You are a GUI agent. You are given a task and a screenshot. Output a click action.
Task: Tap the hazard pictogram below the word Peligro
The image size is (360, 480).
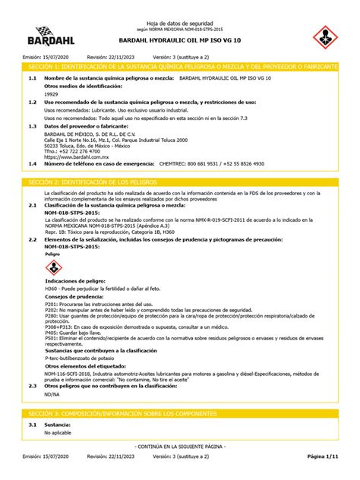click(x=54, y=267)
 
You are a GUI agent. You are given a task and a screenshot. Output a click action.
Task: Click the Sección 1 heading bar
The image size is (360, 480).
click(x=180, y=67)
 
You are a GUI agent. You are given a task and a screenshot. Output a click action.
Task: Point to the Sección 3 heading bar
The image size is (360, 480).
click(x=180, y=411)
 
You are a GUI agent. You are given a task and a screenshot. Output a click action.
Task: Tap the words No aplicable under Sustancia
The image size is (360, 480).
click(x=57, y=432)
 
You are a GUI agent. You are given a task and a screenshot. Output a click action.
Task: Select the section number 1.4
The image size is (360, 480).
click(x=32, y=163)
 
